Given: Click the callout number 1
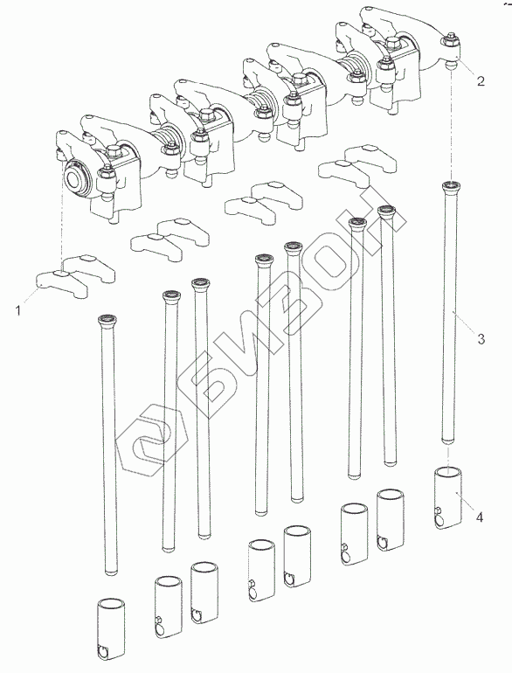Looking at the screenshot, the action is (18, 310).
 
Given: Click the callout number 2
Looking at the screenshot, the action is (481, 80).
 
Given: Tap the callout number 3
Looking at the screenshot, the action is (481, 338).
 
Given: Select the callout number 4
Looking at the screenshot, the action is (480, 517).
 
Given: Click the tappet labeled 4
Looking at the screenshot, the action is (448, 498).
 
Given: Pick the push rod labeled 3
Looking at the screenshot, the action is (450, 313).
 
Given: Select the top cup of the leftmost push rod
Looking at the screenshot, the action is (106, 319).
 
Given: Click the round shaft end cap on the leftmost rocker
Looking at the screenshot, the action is (77, 178).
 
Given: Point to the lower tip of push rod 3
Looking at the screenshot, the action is (449, 442).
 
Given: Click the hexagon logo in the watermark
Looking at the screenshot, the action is (150, 440).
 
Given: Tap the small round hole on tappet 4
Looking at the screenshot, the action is (438, 510).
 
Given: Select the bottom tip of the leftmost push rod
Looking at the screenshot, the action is (111, 572).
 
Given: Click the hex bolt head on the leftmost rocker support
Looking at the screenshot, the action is (113, 150).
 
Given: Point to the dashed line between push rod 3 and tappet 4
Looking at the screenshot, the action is (449, 456).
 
